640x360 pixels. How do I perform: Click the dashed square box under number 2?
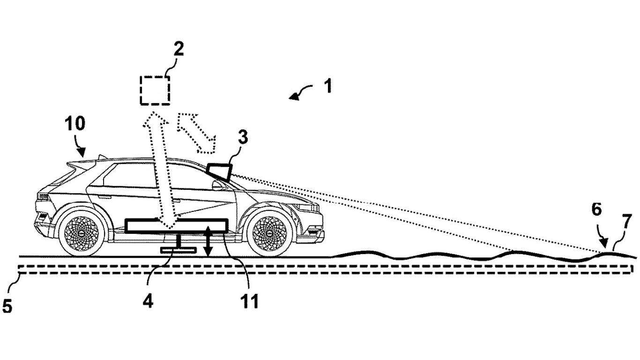pos(155,90)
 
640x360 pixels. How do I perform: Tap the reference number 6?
pos(596,210)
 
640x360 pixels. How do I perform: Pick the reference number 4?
pos(148,301)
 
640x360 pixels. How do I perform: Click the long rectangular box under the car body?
pos(176,226)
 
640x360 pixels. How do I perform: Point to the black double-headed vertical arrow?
pos(208,240)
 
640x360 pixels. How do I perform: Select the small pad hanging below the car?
pos(179,250)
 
